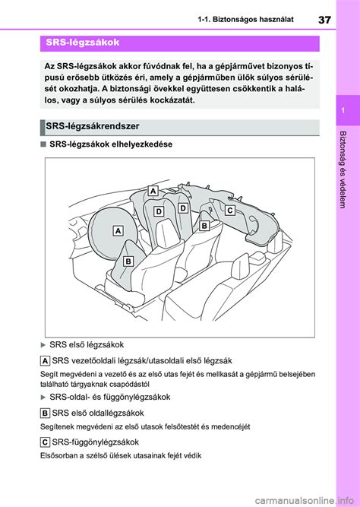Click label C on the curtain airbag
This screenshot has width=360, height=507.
[x=229, y=208]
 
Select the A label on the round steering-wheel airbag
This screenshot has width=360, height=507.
[x=118, y=230]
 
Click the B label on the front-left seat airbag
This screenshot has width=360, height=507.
[x=128, y=261]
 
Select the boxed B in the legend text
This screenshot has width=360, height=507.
[x=46, y=412]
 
